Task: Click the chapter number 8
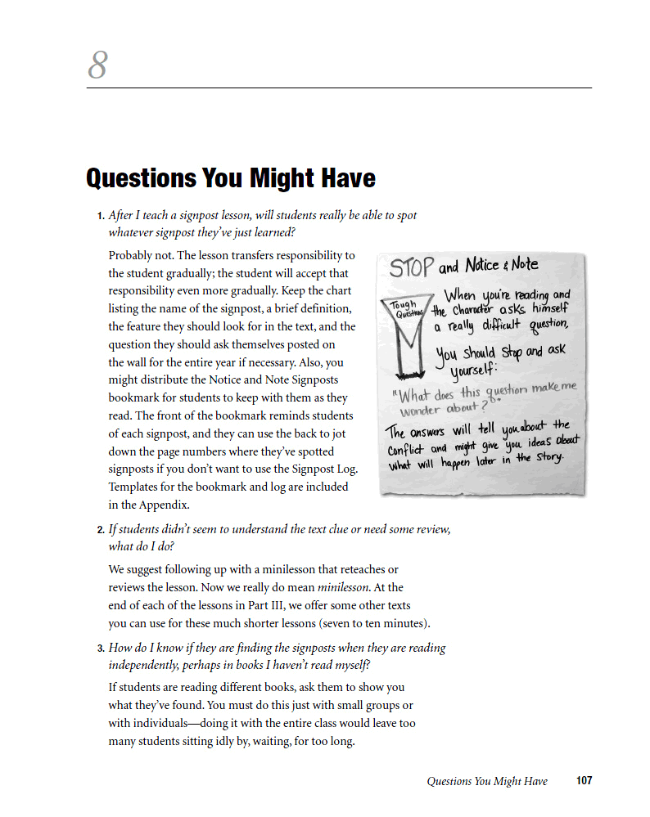98,65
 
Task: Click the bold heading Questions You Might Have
231,178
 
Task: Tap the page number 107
584,781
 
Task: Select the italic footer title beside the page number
487,781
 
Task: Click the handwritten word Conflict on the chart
407,450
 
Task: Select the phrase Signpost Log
324,469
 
